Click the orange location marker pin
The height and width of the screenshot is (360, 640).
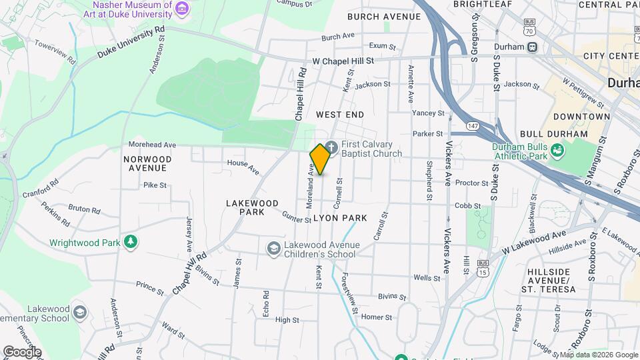[x=320, y=159]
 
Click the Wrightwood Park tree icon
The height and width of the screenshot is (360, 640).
[x=131, y=241]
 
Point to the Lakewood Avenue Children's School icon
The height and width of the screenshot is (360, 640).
[x=273, y=249]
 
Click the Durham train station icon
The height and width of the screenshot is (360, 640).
[x=532, y=47]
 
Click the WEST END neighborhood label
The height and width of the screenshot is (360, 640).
[x=340, y=115]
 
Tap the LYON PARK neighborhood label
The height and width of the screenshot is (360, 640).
[x=340, y=218]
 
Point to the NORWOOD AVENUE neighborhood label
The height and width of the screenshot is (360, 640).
[x=147, y=163]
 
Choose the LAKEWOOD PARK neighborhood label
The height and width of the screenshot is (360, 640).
[x=252, y=207]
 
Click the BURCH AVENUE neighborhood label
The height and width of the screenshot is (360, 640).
[x=384, y=17]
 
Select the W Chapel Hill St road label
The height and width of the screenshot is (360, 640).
[x=344, y=61]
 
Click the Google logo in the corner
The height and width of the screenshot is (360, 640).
[x=22, y=351]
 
